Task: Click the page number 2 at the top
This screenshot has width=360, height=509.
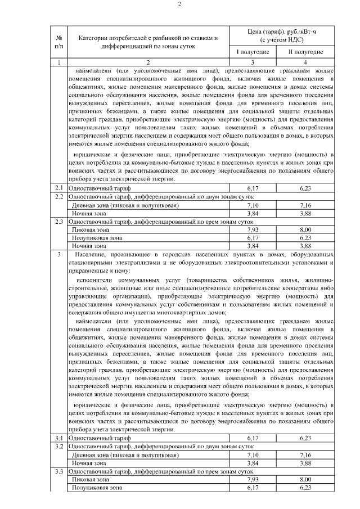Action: [180, 5]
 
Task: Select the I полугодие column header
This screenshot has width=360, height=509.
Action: [253, 52]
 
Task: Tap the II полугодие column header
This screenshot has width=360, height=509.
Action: [305, 52]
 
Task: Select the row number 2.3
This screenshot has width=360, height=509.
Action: [58, 222]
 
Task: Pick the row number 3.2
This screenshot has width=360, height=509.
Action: [58, 445]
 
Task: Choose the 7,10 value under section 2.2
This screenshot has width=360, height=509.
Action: [253, 205]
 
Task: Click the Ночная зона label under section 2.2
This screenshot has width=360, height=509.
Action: [85, 214]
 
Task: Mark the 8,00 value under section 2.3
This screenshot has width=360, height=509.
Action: [305, 230]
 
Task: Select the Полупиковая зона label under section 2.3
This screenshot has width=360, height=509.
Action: [93, 238]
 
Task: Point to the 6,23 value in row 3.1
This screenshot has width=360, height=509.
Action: [305, 437]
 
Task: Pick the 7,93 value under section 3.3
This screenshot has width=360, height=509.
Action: [253, 479]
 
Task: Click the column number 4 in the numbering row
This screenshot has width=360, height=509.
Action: [305, 62]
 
